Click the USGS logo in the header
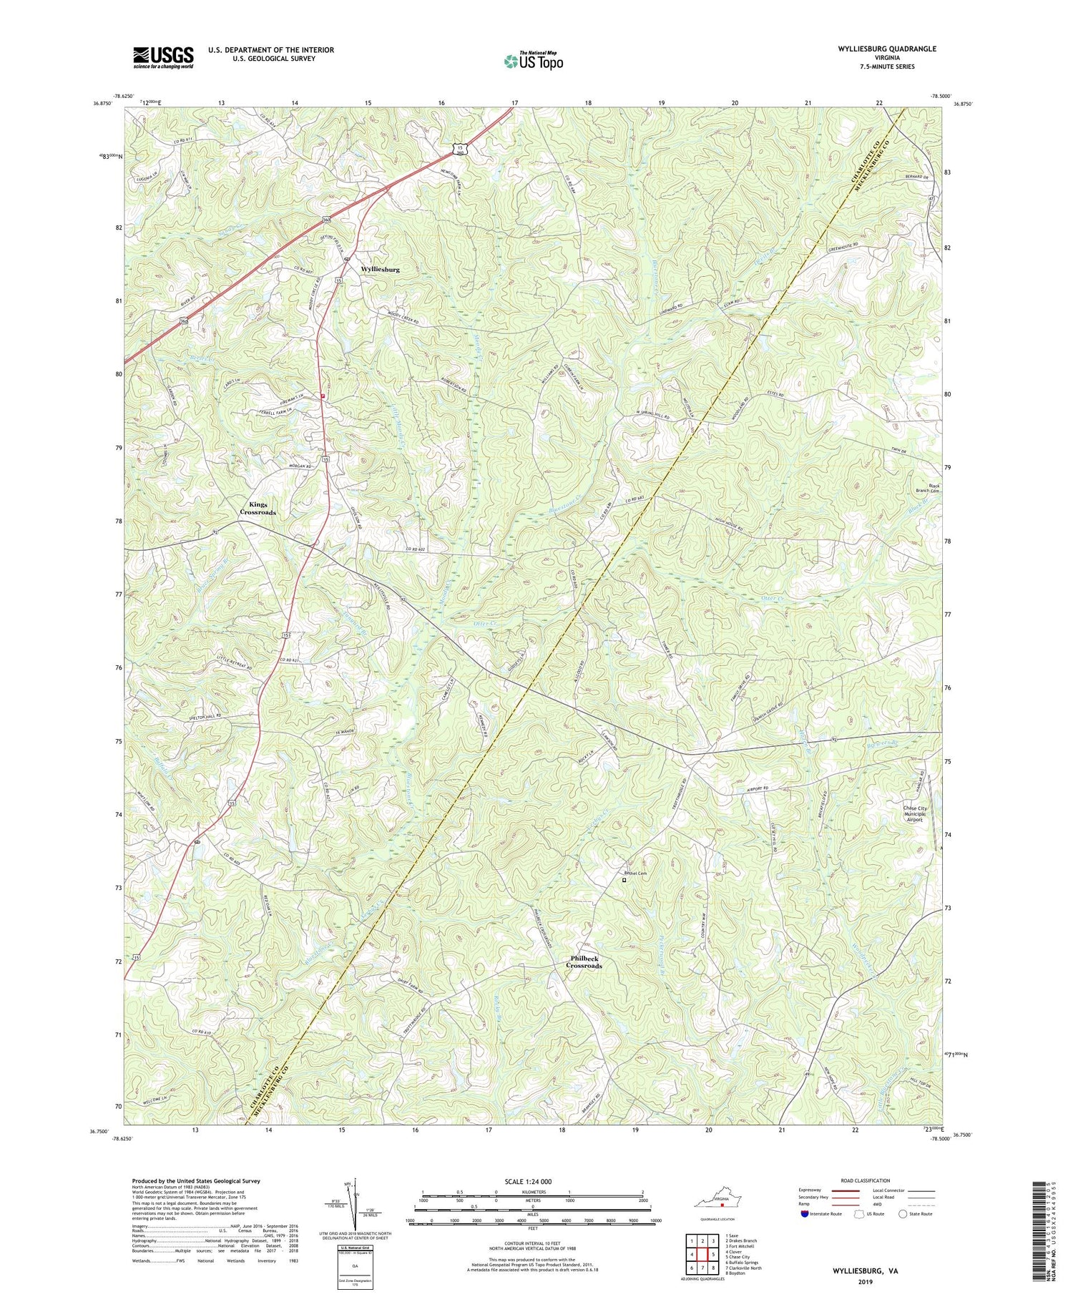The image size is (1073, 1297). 163,57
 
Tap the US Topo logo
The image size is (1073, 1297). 533,61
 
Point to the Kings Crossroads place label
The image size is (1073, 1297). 258,509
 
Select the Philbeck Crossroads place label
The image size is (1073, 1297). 584,962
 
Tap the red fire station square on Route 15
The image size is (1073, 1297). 323,395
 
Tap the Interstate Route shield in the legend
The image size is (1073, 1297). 805,1214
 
